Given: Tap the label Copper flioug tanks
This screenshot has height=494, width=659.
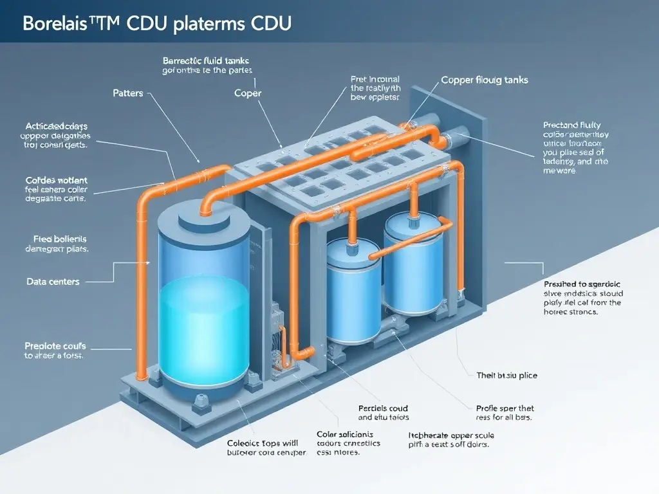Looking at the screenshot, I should (x=484, y=80).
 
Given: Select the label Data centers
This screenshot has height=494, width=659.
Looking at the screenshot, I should (x=53, y=282).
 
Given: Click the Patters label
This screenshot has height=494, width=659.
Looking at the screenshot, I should (x=128, y=93).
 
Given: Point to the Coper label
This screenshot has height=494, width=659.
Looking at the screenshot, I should (x=248, y=93).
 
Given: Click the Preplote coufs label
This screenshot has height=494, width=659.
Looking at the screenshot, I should (x=55, y=345).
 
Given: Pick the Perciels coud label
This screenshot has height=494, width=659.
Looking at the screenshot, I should (x=382, y=408).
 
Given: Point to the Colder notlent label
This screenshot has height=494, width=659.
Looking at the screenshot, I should (x=56, y=180).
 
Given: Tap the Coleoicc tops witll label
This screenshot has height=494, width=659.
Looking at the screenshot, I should (x=263, y=443).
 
